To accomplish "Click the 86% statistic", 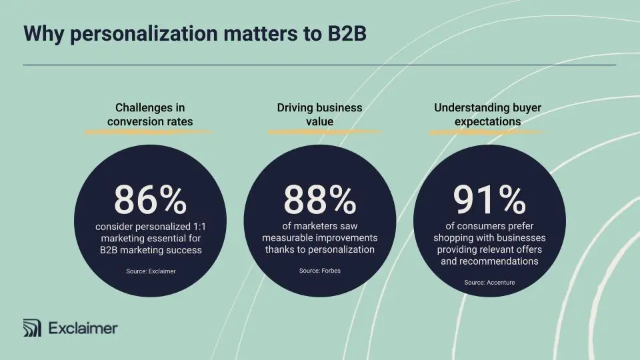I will (150, 199).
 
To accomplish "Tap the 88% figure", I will (320, 199).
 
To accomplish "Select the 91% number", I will (489, 199).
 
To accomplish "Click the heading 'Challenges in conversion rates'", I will (150, 115).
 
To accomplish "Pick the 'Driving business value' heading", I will (320, 115).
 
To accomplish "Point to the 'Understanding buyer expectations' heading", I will (488, 115).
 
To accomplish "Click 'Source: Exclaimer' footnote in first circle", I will (151, 271).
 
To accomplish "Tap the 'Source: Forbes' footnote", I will (320, 271).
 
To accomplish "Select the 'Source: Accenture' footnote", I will (489, 283).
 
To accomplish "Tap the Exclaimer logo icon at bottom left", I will (32, 328).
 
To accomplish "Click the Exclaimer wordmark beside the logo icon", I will (83, 328).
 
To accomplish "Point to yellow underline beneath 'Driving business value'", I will (324, 131).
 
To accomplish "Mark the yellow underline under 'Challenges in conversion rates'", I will (148, 131).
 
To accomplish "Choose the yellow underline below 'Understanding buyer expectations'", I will (486, 131).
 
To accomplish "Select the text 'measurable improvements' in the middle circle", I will (320, 238).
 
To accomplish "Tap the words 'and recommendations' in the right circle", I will (489, 261).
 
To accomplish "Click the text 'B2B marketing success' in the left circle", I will (150, 250).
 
